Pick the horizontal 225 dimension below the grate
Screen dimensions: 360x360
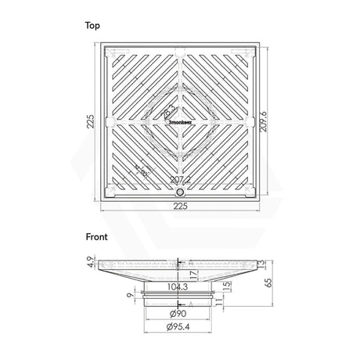click(x=181, y=208)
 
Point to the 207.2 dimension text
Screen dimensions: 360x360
click(x=181, y=180)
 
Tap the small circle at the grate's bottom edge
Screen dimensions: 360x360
click(x=181, y=192)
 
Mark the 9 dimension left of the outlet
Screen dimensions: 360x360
click(x=129, y=296)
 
